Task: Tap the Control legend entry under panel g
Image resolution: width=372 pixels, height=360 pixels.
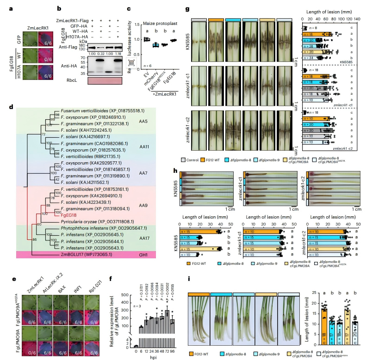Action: click(x=199, y=159)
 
